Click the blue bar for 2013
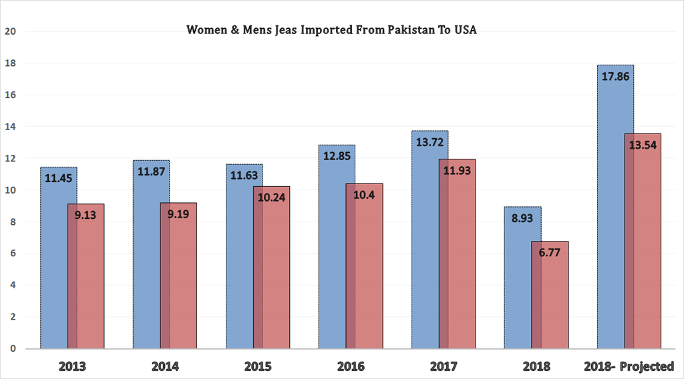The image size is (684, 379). pyautogui.click(x=54, y=267)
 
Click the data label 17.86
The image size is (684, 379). pyautogui.click(x=615, y=77)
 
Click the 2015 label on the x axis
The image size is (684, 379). pyautogui.click(x=257, y=366)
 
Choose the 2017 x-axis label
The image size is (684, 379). pyautogui.click(x=444, y=366)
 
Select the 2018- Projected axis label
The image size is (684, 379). pyautogui.click(x=629, y=366)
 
